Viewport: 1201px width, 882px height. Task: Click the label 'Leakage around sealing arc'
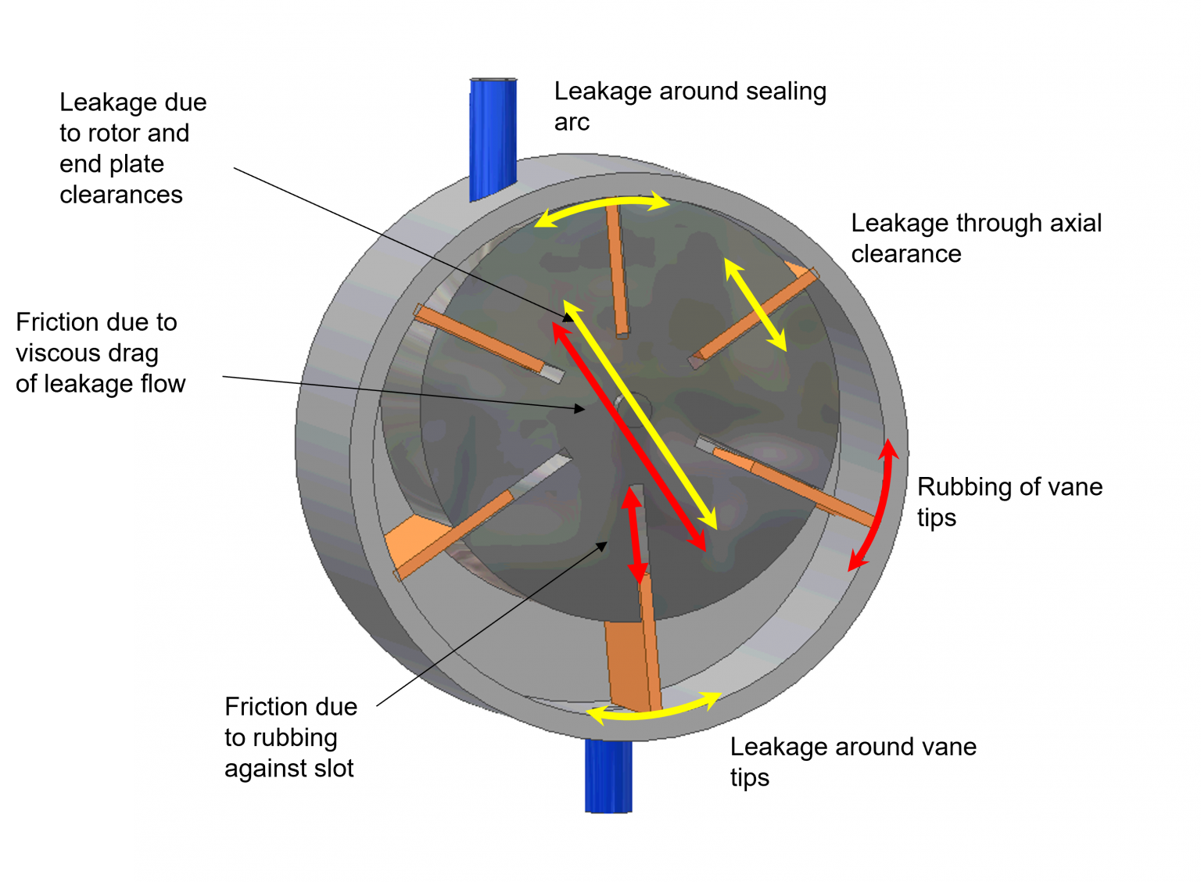[689, 106]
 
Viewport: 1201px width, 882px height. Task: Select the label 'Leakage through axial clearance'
[975, 238]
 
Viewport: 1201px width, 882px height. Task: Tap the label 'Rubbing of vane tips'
[1009, 501]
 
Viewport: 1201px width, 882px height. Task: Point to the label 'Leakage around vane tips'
[852, 761]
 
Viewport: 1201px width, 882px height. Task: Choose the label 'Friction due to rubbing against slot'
[290, 737]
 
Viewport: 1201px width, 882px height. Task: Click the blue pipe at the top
[493, 137]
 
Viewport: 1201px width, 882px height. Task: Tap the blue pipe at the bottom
[608, 776]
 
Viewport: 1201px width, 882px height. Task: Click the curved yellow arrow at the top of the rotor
[602, 205]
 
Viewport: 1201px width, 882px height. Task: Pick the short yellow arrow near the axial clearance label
[755, 303]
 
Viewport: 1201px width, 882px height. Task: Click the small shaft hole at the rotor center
[632, 406]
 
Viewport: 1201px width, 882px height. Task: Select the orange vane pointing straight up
[618, 270]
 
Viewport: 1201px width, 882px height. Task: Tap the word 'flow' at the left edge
[163, 383]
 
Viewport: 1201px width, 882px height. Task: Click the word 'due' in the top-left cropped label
[185, 102]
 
